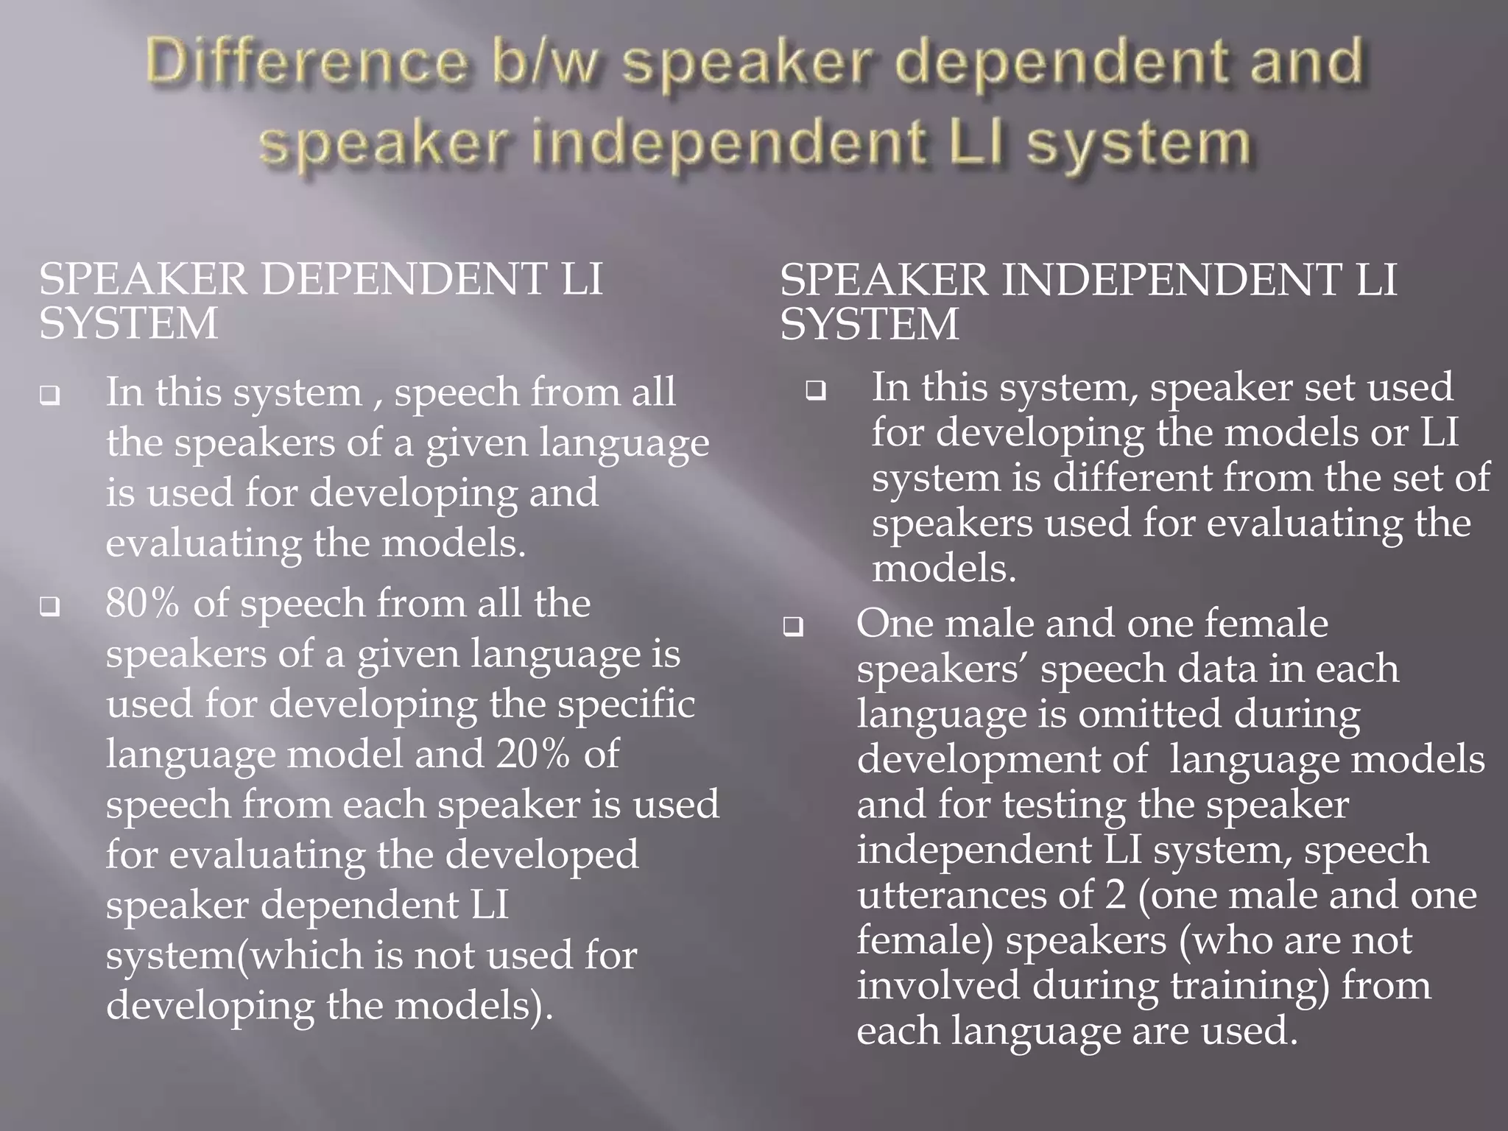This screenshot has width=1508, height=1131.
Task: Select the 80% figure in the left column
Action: click(x=142, y=604)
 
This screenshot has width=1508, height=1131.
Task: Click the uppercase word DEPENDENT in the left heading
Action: click(x=401, y=280)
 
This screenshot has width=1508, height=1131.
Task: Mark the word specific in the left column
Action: click(x=625, y=704)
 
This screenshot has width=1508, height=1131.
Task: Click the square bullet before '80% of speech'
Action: click(x=50, y=608)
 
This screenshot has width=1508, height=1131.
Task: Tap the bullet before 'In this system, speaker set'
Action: click(x=816, y=391)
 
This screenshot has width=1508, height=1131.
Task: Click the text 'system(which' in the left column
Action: click(x=233, y=956)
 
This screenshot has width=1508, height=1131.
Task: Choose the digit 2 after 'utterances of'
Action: click(x=1116, y=895)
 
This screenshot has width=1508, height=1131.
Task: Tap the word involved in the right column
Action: click(x=938, y=986)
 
